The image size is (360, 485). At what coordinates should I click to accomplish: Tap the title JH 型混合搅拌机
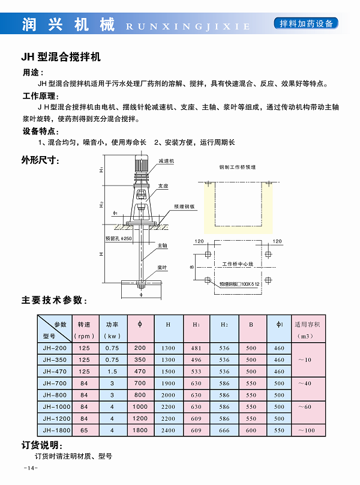60,58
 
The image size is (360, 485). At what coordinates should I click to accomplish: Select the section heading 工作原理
41,96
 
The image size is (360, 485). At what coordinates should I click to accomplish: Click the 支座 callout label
163,186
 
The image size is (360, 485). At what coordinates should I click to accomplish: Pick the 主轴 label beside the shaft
163,246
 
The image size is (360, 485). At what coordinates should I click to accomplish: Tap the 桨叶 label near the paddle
162,267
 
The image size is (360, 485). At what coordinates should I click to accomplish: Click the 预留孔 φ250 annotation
118,238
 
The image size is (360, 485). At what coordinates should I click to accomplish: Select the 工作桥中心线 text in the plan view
239,264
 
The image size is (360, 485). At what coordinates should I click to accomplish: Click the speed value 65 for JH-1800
84,430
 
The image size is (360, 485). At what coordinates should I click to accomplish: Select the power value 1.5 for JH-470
112,372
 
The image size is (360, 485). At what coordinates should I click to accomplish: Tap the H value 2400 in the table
168,430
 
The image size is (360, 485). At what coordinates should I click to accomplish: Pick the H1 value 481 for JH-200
196,348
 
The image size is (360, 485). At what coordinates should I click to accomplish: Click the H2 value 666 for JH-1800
224,430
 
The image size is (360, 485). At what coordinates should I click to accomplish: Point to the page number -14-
30,468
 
